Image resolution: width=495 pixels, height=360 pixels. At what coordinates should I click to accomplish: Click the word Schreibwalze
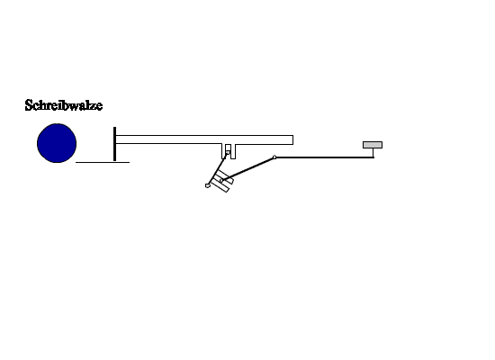click(x=64, y=105)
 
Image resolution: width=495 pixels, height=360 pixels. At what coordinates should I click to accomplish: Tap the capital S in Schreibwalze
click(x=29, y=105)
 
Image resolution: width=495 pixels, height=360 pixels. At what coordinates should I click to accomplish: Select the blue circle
click(x=57, y=143)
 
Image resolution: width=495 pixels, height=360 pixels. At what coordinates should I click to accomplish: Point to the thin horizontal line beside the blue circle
click(x=103, y=162)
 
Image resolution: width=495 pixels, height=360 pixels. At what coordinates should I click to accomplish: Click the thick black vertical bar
click(x=114, y=144)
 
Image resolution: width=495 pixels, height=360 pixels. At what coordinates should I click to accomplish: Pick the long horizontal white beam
click(x=204, y=139)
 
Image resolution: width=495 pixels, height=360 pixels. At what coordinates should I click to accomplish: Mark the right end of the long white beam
click(x=293, y=139)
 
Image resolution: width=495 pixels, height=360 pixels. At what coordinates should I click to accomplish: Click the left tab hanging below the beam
click(x=224, y=151)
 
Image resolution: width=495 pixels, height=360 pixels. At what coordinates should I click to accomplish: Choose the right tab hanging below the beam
click(x=233, y=151)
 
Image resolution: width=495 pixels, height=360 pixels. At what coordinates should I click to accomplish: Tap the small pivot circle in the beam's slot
click(x=229, y=153)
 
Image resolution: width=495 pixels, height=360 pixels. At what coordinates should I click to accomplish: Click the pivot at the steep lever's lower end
click(x=207, y=185)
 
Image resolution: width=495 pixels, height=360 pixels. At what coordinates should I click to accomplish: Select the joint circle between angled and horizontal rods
click(x=274, y=157)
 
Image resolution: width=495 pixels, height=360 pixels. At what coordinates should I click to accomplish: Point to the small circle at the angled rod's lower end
click(x=221, y=181)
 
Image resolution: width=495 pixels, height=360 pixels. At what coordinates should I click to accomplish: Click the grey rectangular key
click(x=373, y=145)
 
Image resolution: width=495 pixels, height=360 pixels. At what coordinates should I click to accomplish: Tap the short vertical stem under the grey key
click(x=373, y=152)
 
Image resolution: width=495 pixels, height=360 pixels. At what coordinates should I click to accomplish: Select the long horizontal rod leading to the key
click(x=325, y=157)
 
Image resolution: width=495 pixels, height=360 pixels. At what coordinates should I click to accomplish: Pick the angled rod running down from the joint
click(x=248, y=168)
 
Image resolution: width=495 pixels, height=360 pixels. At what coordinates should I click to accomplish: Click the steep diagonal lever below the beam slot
click(x=218, y=169)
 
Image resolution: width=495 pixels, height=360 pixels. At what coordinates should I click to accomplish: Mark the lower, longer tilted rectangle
click(x=220, y=186)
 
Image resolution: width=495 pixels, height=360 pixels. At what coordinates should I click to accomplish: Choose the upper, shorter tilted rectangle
click(x=225, y=176)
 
